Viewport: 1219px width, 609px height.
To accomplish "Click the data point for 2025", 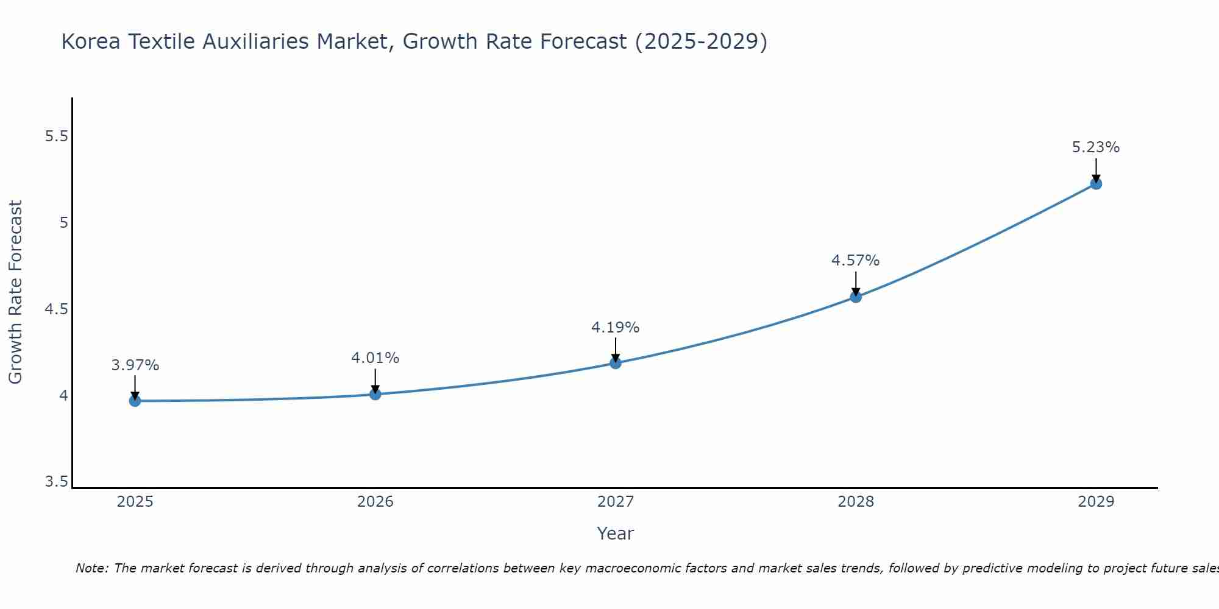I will tap(135, 401).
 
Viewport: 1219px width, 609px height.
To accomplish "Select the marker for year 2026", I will tap(375, 394).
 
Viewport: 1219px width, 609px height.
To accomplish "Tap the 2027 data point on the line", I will tap(616, 363).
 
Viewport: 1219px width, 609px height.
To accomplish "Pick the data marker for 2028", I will tap(856, 297).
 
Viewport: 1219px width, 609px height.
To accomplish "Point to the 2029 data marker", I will tap(1096, 183).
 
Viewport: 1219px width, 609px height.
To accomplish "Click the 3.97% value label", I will tap(135, 365).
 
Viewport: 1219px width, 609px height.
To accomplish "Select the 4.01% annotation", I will tap(375, 358).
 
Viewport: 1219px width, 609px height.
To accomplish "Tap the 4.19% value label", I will tap(616, 328).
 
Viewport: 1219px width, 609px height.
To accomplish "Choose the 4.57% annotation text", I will tap(856, 261).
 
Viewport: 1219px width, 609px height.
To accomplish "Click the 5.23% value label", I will tap(1096, 147).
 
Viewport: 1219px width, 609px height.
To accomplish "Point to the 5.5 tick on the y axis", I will tap(57, 136).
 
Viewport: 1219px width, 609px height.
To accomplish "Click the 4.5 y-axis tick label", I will tap(57, 309).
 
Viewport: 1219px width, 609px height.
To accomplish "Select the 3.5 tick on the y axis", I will tap(57, 482).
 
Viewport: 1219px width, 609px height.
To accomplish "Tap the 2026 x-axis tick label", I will tap(375, 502).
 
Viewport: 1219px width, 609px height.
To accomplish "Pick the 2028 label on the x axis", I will tap(856, 502).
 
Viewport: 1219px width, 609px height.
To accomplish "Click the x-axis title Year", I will tap(616, 533).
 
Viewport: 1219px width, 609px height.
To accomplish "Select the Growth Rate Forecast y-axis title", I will tap(16, 292).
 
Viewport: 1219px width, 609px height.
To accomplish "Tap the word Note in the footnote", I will tap(91, 568).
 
